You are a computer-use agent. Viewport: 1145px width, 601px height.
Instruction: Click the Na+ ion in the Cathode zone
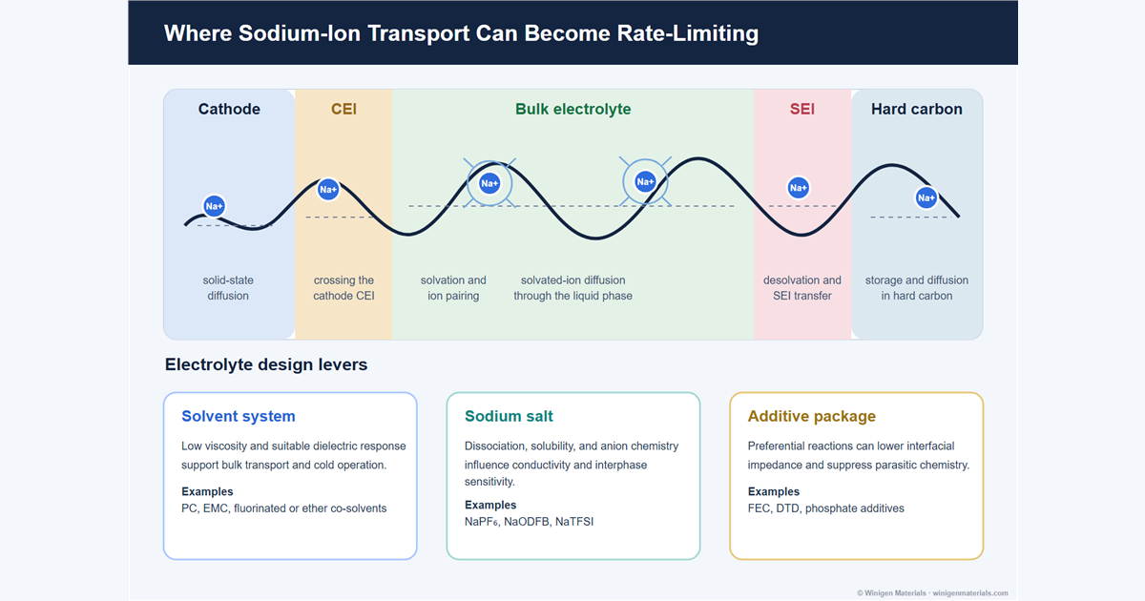click(x=214, y=206)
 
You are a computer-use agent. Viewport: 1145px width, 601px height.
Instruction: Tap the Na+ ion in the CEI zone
click(x=328, y=190)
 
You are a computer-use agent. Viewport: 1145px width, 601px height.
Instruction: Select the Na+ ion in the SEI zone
click(x=798, y=188)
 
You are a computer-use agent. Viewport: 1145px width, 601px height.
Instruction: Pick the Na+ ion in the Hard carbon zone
click(x=926, y=197)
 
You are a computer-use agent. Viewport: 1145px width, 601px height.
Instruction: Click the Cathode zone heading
click(x=229, y=109)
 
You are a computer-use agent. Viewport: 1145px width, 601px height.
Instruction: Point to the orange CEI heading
click(x=343, y=109)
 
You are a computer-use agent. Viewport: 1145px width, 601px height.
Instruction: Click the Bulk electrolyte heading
click(x=573, y=109)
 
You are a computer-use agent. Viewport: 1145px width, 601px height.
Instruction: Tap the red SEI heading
click(x=802, y=109)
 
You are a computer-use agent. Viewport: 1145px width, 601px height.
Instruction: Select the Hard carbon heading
click(x=917, y=109)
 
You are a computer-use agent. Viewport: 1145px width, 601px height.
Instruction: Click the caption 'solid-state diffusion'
click(x=228, y=288)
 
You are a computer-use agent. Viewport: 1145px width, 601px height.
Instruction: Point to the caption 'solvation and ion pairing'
click(x=453, y=288)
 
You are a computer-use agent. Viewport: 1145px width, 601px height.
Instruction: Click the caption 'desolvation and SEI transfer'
click(x=802, y=288)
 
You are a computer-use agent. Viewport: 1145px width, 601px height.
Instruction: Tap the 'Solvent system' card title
click(x=239, y=416)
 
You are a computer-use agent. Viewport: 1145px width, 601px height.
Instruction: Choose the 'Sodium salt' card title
click(x=509, y=416)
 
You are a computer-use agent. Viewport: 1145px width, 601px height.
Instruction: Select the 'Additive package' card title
click(x=812, y=416)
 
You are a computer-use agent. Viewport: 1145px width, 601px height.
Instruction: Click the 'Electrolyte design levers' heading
click(x=266, y=364)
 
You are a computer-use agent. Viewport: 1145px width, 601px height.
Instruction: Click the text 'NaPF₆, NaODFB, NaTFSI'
click(x=529, y=522)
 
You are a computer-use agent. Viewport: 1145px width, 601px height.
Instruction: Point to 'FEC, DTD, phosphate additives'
click(x=826, y=508)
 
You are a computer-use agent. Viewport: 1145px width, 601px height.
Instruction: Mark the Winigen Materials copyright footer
click(x=932, y=592)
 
